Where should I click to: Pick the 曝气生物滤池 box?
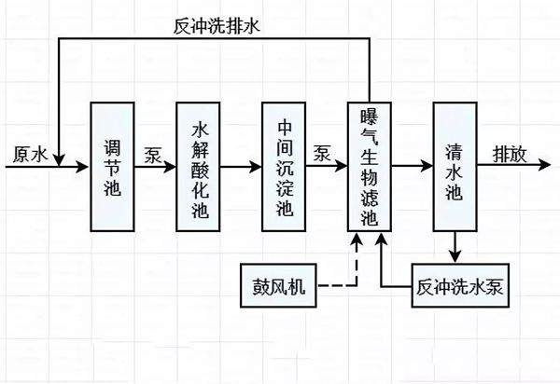(371, 167)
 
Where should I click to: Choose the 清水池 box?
(455, 167)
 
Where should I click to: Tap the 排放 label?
(511, 153)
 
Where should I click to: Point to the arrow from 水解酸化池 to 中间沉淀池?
(245, 168)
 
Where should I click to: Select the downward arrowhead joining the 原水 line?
(59, 160)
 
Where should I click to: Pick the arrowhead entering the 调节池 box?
(85, 168)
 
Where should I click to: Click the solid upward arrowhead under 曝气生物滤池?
(381, 240)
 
